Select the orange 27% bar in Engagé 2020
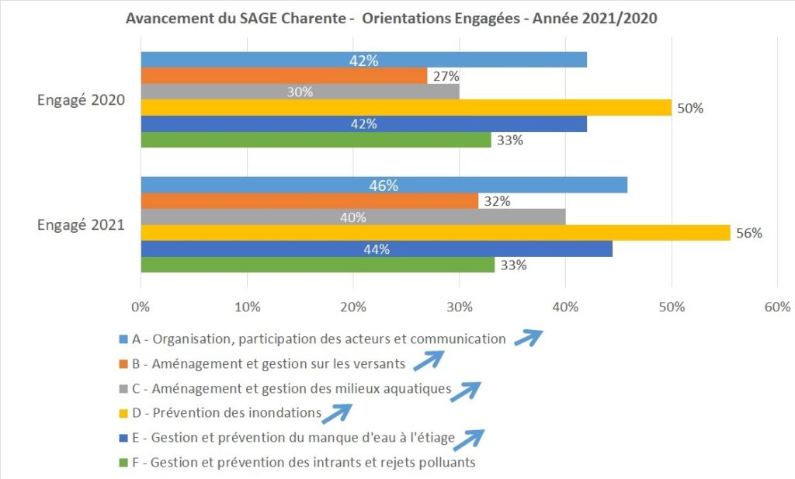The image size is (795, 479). pos(283,76)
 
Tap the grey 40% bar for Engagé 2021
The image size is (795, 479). pos(352,217)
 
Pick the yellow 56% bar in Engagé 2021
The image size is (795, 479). pos(435,233)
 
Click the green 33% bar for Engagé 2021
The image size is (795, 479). pos(317,265)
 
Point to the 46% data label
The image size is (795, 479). pos(384,186)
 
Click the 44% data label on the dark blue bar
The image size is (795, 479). pos(376,249)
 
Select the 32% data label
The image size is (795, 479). pos(497,201)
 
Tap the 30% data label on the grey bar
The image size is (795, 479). pos(300,92)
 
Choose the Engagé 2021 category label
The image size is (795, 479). pos(82,225)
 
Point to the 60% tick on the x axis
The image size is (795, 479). pos(777,307)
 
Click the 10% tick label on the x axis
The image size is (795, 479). pos(247,307)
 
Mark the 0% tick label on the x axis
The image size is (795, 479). pos(141,307)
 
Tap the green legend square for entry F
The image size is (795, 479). pos(123,463)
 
